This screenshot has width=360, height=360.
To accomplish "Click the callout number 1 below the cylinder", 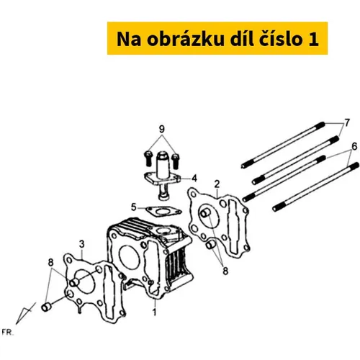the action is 155,312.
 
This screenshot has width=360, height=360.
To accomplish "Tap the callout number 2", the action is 217,184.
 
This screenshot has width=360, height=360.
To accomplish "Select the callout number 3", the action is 82,244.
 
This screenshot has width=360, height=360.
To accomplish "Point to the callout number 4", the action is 194,179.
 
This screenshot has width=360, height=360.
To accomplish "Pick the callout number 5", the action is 134,207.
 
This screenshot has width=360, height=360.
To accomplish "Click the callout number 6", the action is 354,146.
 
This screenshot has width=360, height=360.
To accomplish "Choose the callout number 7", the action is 347,122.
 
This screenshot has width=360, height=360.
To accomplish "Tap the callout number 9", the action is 162,129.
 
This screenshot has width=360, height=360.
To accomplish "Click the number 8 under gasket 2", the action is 225,271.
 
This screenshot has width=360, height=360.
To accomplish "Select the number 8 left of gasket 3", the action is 50,262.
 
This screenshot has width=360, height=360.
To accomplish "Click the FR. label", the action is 8,333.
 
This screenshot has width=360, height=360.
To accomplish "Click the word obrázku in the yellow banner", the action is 186,39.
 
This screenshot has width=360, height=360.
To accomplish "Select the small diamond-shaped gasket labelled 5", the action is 164,212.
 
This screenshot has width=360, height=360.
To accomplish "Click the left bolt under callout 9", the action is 148,158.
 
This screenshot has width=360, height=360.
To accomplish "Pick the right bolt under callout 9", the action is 176,161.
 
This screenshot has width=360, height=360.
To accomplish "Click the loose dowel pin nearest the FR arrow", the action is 46,307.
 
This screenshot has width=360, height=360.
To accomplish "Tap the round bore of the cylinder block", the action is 130,258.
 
